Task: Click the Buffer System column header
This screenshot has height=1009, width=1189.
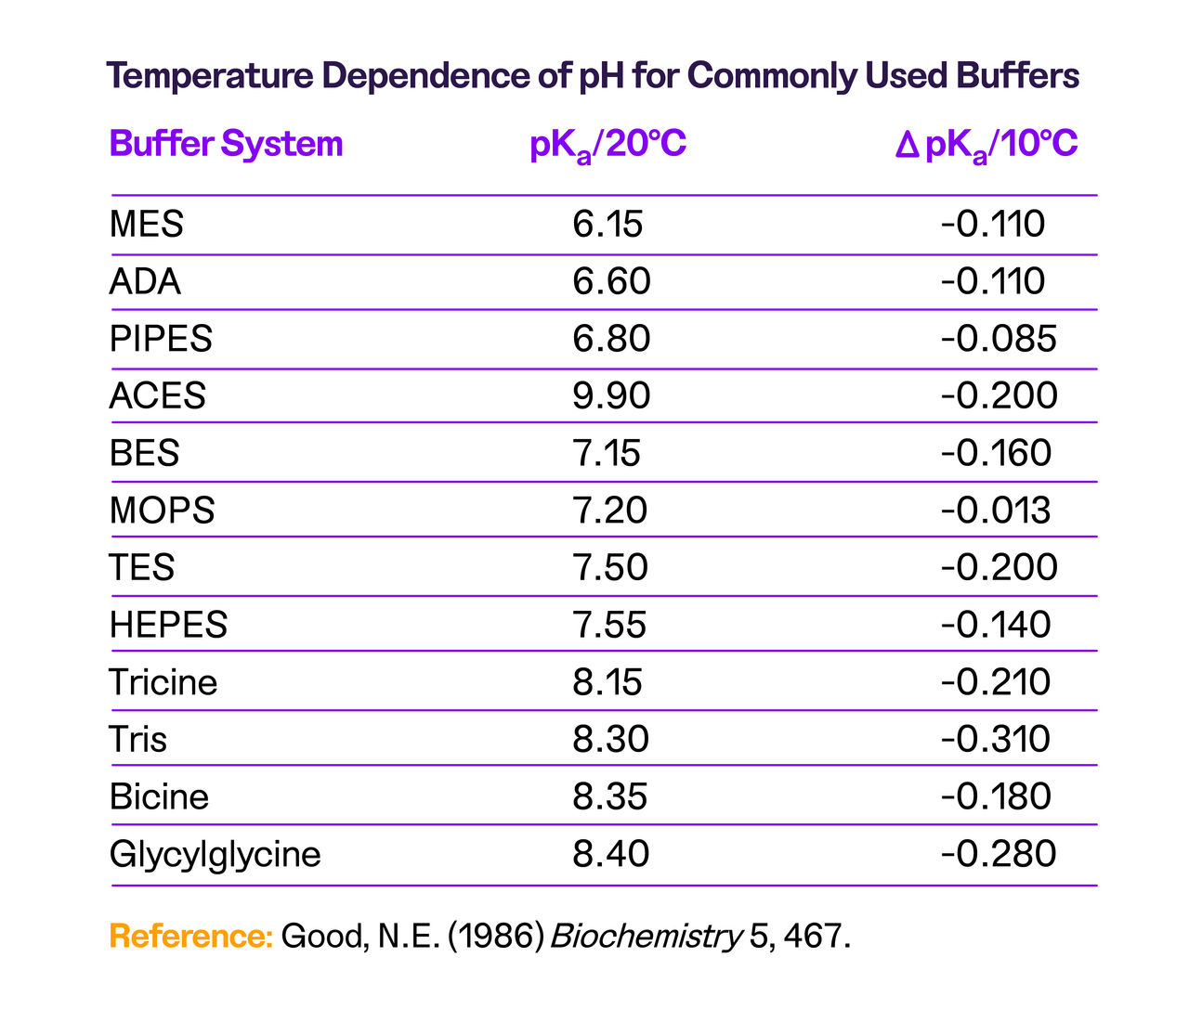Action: [226, 145]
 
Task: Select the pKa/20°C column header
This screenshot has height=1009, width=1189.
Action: [608, 146]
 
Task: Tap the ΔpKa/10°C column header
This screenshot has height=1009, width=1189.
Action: [986, 146]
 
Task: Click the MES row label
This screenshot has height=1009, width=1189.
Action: [147, 225]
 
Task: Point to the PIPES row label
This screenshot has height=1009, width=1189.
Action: [161, 339]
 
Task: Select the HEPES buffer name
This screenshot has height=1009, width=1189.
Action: [168, 625]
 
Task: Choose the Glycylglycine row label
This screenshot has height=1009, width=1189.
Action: [216, 854]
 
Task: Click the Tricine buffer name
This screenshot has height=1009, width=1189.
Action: [163, 682]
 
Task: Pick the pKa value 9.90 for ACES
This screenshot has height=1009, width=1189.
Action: [611, 396]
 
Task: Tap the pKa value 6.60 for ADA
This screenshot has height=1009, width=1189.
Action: [611, 281]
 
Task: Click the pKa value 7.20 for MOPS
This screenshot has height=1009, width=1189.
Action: [610, 511]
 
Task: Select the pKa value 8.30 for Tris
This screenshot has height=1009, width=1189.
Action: [611, 740]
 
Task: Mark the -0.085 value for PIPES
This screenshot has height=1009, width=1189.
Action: [999, 339]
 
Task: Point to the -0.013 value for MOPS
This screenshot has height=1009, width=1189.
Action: [996, 511]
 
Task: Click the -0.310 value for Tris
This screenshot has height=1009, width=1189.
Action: [996, 740]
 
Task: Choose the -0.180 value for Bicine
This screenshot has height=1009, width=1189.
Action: [996, 796]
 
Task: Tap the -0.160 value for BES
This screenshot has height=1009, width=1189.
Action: [996, 453]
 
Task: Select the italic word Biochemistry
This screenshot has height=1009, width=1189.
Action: [647, 936]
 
